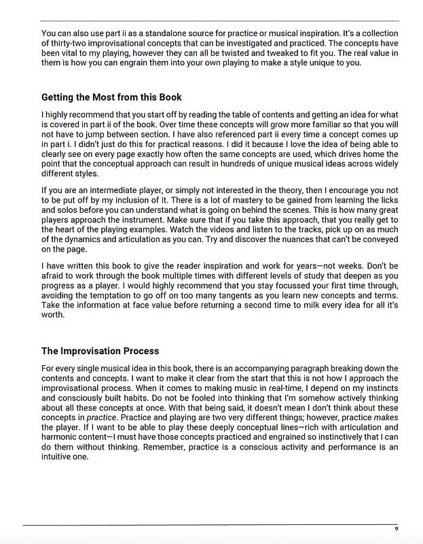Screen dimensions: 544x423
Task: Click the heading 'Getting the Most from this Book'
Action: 111,97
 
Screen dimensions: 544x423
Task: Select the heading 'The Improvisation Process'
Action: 100,351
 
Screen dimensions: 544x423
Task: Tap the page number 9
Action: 396,529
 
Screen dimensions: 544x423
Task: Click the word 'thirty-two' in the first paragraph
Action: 71,43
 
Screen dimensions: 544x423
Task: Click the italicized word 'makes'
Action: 384,418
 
